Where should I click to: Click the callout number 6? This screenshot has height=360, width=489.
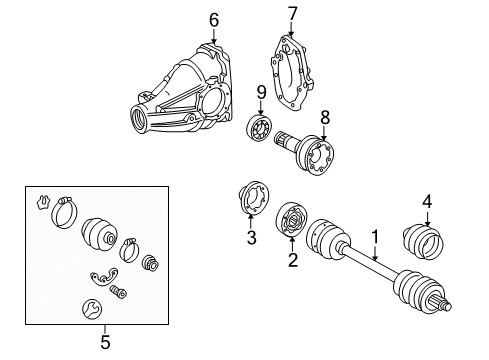[x=214, y=20]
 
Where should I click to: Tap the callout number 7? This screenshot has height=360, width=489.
[x=292, y=14]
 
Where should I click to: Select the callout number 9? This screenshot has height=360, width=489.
[x=261, y=92]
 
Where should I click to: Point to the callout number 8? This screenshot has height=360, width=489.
[x=325, y=117]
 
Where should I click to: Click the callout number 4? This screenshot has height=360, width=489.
[x=427, y=202]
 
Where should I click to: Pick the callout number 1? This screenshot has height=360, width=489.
[x=375, y=237]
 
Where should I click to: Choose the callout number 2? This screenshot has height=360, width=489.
[x=292, y=260]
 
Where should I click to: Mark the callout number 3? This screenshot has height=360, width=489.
[x=251, y=238]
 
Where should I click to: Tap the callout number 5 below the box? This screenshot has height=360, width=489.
[x=105, y=342]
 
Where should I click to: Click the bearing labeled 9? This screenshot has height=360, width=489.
[x=259, y=127]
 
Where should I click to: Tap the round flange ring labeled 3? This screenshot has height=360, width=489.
[x=254, y=198]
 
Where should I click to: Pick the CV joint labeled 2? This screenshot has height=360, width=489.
[x=291, y=220]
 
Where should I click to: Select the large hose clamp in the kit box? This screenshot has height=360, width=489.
[x=64, y=213]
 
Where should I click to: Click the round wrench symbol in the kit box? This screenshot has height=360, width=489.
[x=92, y=309]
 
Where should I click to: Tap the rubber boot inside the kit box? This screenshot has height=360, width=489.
[x=99, y=234]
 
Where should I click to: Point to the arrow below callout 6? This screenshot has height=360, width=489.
[x=214, y=36]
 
